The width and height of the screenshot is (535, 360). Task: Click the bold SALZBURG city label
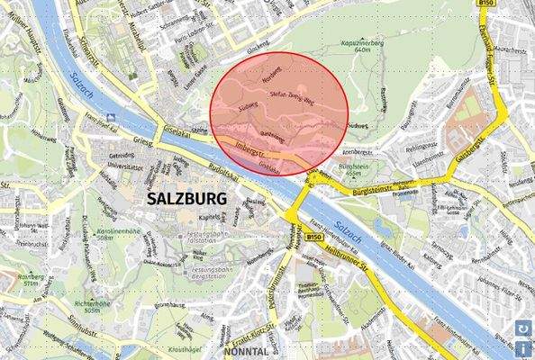[x=189, y=199]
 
